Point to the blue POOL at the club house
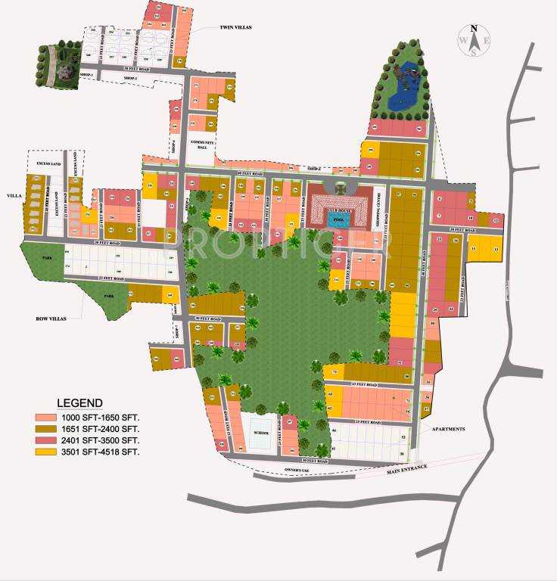[334, 220]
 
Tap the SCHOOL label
[262, 433]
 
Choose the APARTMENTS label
[448, 429]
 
